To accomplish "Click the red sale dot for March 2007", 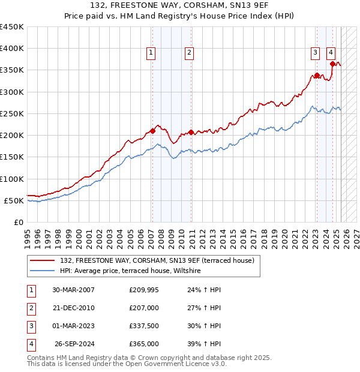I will click(x=152, y=131).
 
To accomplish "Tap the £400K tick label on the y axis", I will click(x=12, y=49).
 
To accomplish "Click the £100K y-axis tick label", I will click(x=12, y=179).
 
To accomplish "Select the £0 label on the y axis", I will click(x=18, y=222).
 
